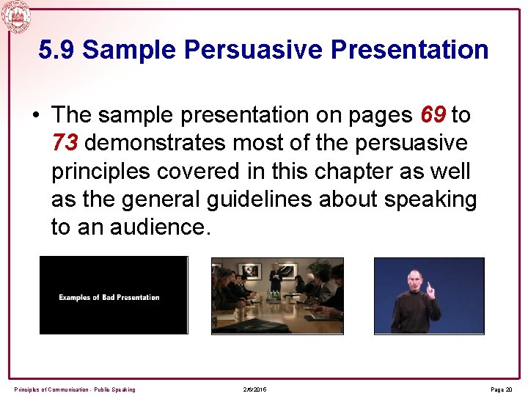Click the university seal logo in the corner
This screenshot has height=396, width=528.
(x=15, y=16)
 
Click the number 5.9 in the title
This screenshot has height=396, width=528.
(x=57, y=50)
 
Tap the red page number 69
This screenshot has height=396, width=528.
(x=433, y=115)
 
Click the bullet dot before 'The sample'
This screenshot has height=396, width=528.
(x=36, y=116)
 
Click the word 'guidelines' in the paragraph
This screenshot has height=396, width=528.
(x=267, y=199)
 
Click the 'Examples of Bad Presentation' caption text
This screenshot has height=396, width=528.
(x=109, y=297)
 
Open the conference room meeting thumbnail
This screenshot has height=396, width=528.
(x=277, y=296)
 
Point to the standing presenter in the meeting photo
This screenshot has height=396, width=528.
(x=276, y=278)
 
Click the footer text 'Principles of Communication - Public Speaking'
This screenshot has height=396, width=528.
(x=75, y=389)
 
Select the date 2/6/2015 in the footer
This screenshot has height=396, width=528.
(x=254, y=389)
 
